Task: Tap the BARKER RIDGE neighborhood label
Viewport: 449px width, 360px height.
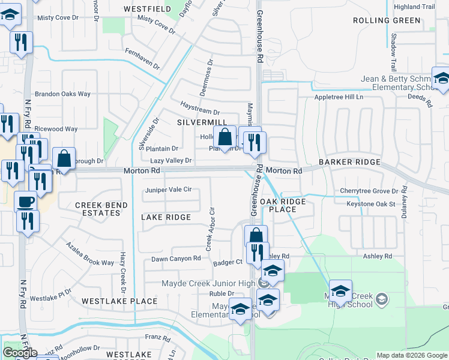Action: click(x=349, y=162)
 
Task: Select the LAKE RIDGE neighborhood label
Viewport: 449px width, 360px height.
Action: click(x=166, y=217)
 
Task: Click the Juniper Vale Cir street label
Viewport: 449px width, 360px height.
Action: click(x=168, y=190)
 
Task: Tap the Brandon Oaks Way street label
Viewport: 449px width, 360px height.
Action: click(x=62, y=94)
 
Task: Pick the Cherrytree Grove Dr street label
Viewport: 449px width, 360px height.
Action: click(x=369, y=191)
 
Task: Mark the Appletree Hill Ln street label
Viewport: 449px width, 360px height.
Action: click(x=339, y=97)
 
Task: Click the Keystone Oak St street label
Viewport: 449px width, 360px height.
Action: click(x=371, y=204)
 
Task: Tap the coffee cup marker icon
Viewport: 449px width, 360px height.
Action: click(x=25, y=201)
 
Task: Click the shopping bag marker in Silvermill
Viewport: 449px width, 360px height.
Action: click(x=224, y=137)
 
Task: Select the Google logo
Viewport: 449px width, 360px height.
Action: click(x=20, y=353)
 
